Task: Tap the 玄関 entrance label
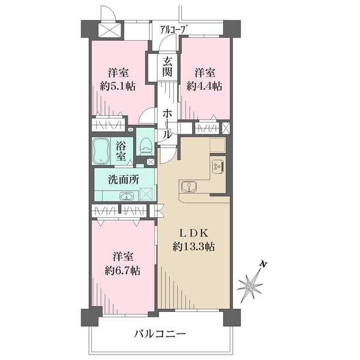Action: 167,65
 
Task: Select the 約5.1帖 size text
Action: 118,86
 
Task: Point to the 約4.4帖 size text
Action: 204,86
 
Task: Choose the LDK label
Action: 194,233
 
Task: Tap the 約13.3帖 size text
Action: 194,246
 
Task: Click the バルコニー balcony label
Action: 160,333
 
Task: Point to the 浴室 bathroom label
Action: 121,151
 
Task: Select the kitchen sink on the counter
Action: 188,188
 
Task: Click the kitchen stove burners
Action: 217,166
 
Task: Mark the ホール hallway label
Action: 167,122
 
